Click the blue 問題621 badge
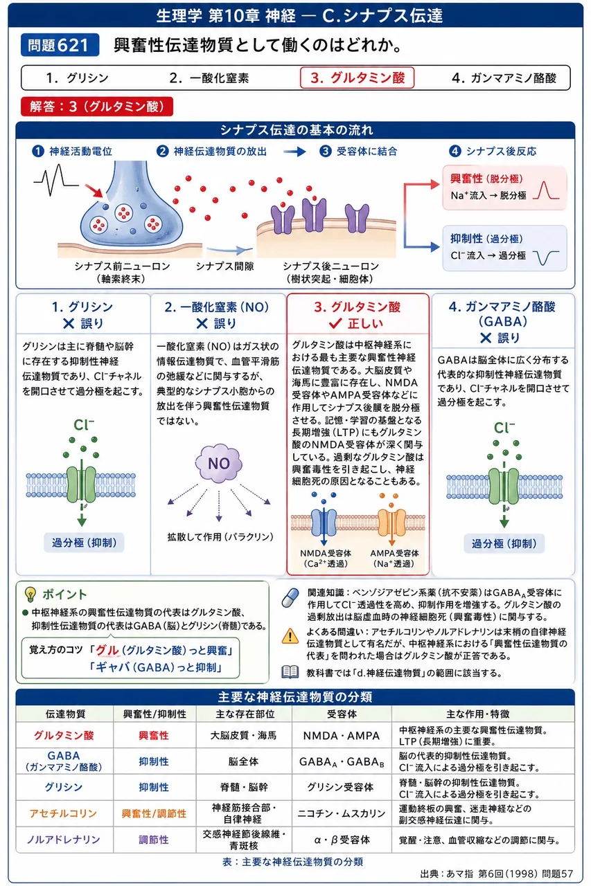(60, 45)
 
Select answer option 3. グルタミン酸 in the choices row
(357, 78)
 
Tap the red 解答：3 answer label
(97, 107)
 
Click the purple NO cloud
(218, 463)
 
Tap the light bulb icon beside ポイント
(30, 594)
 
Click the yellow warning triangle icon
(290, 636)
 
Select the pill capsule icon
(290, 597)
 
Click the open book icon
(290, 672)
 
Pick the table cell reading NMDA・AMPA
(341, 735)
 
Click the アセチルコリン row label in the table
(63, 813)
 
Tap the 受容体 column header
(342, 714)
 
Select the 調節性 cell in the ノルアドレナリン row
(154, 840)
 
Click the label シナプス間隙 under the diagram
(225, 266)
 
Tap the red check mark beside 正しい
(335, 323)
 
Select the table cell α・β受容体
(342, 840)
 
